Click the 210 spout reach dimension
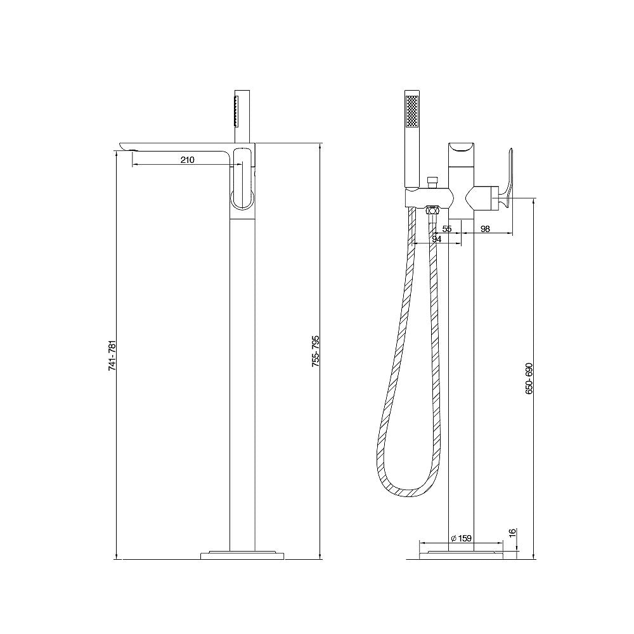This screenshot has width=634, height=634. [187, 160]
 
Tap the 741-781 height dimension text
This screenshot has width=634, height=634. [112, 356]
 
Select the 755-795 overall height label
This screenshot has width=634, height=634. [315, 351]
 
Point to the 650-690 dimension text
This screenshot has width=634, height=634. [529, 379]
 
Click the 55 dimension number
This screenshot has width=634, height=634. [447, 229]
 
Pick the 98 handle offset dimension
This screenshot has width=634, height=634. [485, 229]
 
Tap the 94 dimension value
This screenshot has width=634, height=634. [437, 239]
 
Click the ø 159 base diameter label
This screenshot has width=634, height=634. [461, 538]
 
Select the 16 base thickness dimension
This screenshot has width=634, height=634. [513, 533]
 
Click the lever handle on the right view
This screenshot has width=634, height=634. [507, 179]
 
